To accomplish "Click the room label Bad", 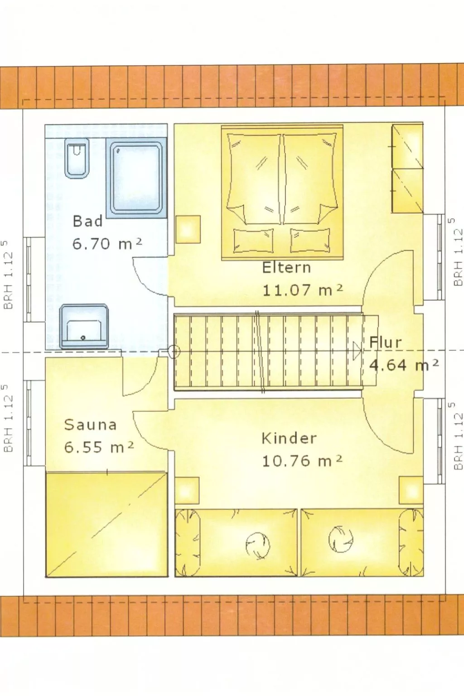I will [x=88, y=222].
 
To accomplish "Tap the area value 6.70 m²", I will [x=107, y=244].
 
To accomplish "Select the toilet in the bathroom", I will [x=77, y=158].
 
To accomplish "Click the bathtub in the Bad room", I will [x=136, y=177].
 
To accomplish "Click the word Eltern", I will [x=286, y=268].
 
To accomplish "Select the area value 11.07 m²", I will [x=302, y=290].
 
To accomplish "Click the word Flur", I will [x=386, y=343].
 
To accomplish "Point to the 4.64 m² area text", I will [x=403, y=365].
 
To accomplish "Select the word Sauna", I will [x=91, y=425].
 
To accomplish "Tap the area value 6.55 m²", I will [x=99, y=447].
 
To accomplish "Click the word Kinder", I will [x=289, y=439].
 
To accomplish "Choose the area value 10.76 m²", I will [x=302, y=461].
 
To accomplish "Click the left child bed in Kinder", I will [x=236, y=542].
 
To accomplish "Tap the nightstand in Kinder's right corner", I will [x=411, y=490].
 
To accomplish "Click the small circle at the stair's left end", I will [x=174, y=351].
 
